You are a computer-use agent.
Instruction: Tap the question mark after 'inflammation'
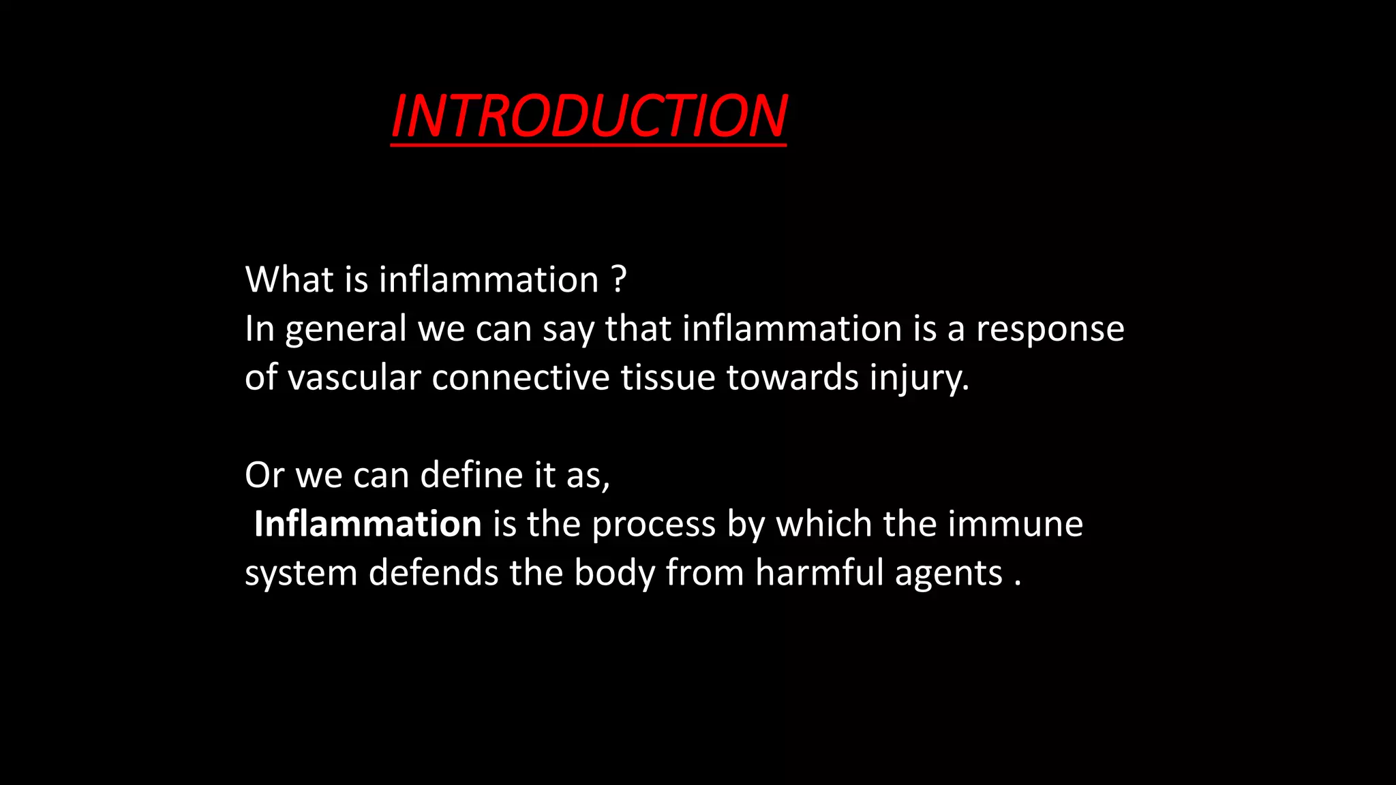[618, 279]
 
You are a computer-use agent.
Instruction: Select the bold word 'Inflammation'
[367, 524]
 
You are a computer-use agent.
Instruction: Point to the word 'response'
[1050, 330]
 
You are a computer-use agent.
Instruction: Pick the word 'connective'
[520, 378]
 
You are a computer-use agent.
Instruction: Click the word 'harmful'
[819, 572]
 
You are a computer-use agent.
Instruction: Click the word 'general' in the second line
[346, 330]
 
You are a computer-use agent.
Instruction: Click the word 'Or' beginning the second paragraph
[264, 475]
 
